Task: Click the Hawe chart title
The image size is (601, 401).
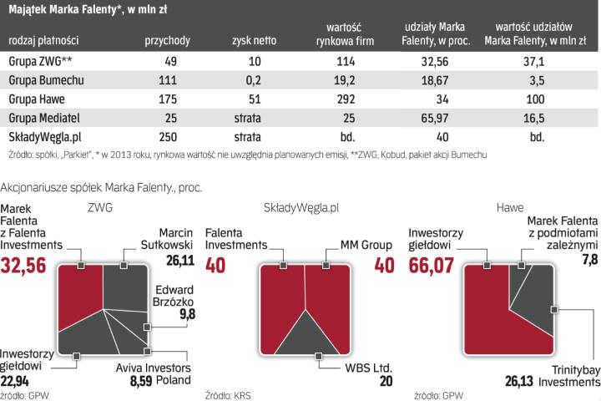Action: coord(510,206)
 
